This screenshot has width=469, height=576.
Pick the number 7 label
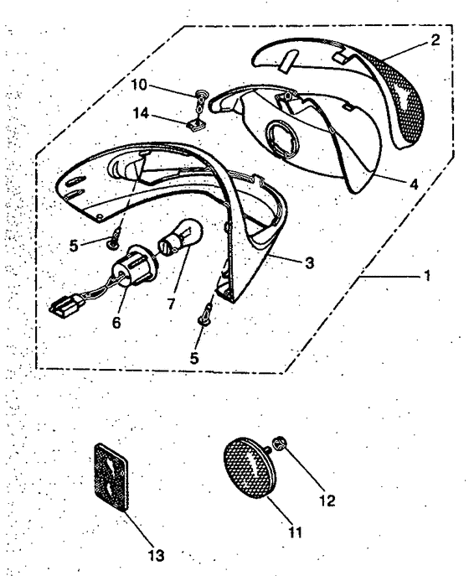pyautogui.click(x=171, y=304)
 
